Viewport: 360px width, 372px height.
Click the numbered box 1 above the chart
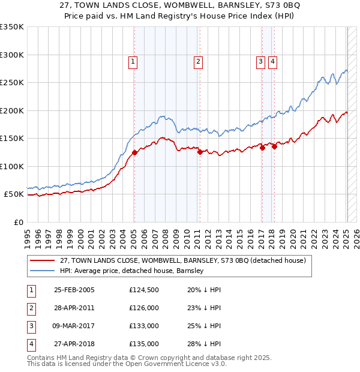point(132,61)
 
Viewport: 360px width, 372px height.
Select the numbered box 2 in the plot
point(197,61)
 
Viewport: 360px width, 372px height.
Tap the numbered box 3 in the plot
point(261,61)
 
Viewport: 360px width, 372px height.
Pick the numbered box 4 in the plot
point(272,61)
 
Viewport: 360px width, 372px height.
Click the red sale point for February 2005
point(135,152)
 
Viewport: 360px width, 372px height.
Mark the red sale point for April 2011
point(200,152)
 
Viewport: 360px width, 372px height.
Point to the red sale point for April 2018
point(274,146)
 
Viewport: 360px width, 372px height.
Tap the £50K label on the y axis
point(14,194)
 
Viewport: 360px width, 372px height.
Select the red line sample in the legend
point(43,261)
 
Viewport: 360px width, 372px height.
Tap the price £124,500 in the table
point(143,290)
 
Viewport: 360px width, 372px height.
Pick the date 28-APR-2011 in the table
point(74,308)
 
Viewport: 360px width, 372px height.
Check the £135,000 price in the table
point(143,344)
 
